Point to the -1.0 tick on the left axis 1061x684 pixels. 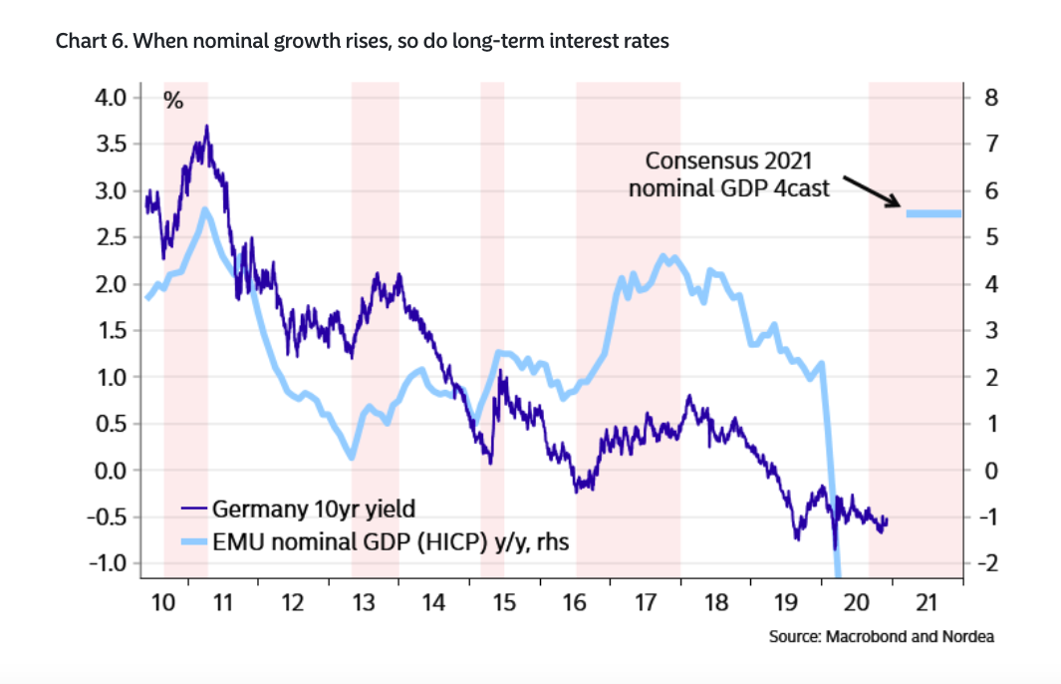click(109, 563)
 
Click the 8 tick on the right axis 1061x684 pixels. click(991, 98)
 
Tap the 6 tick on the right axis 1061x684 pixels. click(991, 190)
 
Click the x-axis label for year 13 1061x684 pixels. click(363, 602)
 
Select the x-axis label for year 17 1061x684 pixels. click(645, 602)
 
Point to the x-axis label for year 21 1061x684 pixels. click(927, 602)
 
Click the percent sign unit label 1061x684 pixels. click(172, 100)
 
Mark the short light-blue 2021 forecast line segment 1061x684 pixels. click(933, 212)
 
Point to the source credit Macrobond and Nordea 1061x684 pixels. click(881, 636)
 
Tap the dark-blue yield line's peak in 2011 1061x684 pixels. click(206, 127)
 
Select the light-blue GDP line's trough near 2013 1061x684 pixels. click(352, 458)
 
